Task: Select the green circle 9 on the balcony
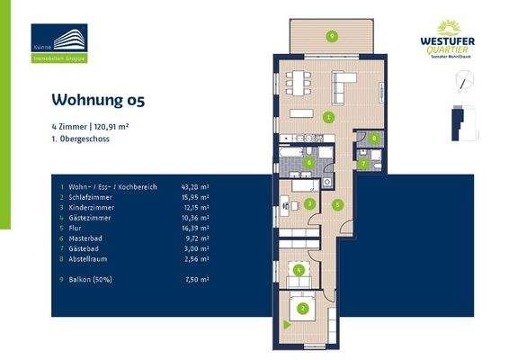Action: point(332,36)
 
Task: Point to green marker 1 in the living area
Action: point(329,117)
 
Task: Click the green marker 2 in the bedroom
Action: point(303,310)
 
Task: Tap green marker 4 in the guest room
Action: point(300,269)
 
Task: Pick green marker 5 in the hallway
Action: point(336,205)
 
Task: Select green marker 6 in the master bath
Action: point(309,163)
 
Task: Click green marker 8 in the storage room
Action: point(375,139)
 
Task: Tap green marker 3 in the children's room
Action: point(308,204)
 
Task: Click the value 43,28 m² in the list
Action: point(194,186)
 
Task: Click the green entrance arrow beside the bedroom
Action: point(285,322)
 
